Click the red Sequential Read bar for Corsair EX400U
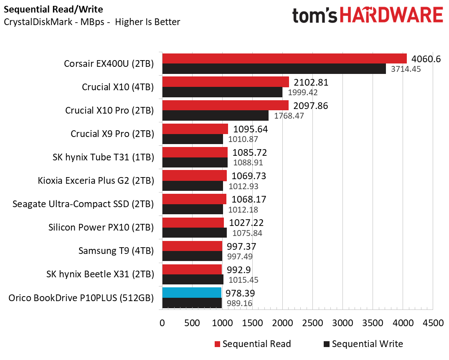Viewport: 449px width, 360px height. click(x=284, y=58)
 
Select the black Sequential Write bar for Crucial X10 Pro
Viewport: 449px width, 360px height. click(x=215, y=116)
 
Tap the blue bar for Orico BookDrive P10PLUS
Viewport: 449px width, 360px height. click(x=192, y=292)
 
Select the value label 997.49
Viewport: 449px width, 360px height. click(x=240, y=256)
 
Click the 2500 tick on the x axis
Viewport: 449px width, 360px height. click(x=312, y=323)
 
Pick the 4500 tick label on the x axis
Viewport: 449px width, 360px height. click(x=433, y=323)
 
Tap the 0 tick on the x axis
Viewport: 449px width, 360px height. click(x=162, y=323)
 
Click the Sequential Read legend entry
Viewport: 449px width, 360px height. click(x=253, y=344)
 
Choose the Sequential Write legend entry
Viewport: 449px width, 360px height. click(x=363, y=344)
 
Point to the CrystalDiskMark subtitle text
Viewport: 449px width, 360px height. click(x=92, y=22)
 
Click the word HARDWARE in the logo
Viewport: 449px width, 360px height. click(x=391, y=15)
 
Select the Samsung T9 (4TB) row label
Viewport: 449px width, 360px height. click(x=116, y=251)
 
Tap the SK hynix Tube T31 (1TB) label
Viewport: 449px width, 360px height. click(x=103, y=157)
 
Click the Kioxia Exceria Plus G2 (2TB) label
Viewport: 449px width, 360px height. click(x=96, y=181)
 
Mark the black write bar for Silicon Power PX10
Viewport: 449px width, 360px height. click(x=194, y=233)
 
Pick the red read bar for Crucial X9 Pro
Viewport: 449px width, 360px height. click(x=195, y=129)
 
